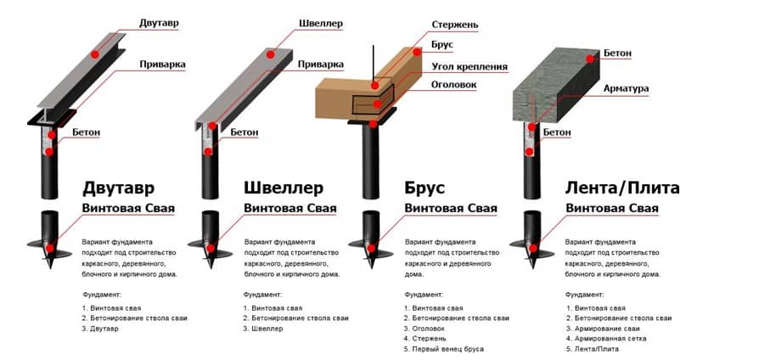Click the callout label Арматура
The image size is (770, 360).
click(626, 87)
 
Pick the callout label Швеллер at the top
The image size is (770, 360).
click(320, 23)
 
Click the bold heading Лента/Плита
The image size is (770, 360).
click(622, 188)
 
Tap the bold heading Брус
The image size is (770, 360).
click(424, 188)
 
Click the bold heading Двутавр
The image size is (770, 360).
click(119, 188)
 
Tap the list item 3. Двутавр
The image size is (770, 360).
click(101, 329)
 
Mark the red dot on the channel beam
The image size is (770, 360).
click(271, 53)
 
